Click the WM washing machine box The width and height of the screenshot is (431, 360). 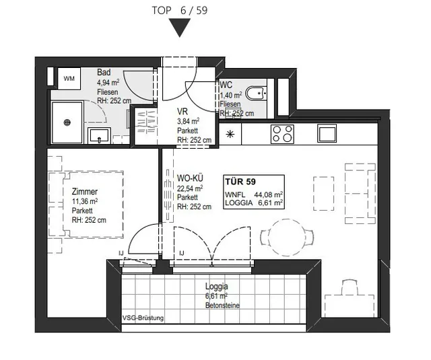[69, 79]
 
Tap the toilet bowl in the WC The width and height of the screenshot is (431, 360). [256, 94]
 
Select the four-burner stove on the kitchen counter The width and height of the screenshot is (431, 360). [282, 134]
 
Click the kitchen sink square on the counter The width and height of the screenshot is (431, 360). [327, 133]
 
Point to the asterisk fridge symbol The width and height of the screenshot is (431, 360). [230, 135]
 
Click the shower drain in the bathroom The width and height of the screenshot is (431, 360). [67, 122]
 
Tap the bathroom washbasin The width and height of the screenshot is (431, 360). [99, 136]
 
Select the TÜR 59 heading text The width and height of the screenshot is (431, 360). [240, 182]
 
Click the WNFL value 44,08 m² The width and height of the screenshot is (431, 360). [269, 194]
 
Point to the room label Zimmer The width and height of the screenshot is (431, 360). [85, 191]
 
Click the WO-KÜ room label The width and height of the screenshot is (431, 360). [190, 178]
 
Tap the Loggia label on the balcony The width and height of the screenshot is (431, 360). [217, 287]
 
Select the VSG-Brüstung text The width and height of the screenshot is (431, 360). [143, 318]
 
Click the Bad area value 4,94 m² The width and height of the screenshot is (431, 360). [108, 82]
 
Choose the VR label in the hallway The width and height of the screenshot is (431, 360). [183, 112]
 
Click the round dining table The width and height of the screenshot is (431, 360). [288, 238]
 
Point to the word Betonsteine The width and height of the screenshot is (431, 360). [222, 305]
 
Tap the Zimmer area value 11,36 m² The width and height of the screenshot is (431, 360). [85, 201]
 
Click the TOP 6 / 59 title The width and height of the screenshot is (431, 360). [180, 11]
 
